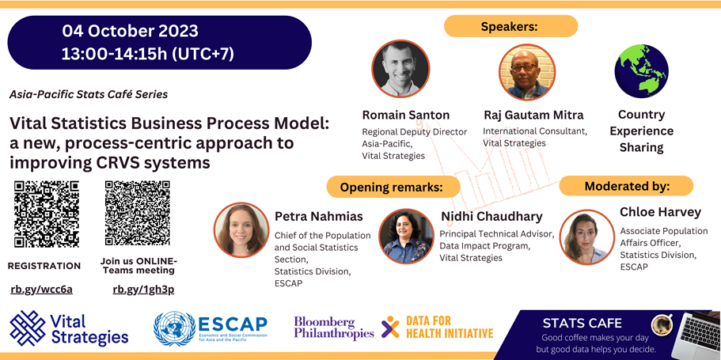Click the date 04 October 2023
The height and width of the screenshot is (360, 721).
tap(130, 32)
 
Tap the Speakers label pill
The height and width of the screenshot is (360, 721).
tap(510, 26)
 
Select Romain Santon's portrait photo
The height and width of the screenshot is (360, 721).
tap(400, 69)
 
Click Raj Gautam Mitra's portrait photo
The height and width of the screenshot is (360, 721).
tap(527, 72)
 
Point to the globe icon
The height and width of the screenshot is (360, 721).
tap(641, 71)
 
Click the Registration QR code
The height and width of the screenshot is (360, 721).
tap(47, 214)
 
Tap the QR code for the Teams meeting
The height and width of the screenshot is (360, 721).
tap(137, 213)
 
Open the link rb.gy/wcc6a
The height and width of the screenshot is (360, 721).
tap(42, 290)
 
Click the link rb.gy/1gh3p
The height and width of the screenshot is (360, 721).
tap(143, 290)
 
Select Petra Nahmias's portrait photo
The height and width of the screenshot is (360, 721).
tap(241, 230)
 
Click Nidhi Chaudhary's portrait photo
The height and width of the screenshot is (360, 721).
tap(407, 237)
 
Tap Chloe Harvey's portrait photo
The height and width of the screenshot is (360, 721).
tap(587, 237)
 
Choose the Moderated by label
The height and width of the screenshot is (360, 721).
tap(626, 186)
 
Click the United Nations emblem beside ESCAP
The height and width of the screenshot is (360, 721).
tap(174, 328)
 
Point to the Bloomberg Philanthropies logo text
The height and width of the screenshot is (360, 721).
tap(334, 328)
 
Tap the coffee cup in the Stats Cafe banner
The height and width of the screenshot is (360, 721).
tap(662, 324)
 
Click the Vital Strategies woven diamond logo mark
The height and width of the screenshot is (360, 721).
tap(28, 328)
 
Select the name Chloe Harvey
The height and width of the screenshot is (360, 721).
tap(660, 212)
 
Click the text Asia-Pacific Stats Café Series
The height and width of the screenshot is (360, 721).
tap(89, 95)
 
